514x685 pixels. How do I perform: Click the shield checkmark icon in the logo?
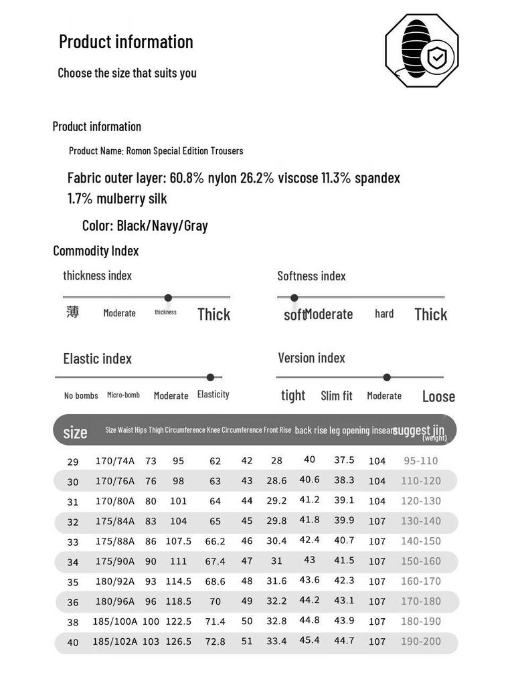point(436,58)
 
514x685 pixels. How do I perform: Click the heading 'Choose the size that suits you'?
point(127,73)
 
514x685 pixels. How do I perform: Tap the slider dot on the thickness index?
point(168,298)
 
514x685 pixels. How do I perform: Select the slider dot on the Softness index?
point(294,298)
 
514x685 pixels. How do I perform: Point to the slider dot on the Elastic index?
point(210,377)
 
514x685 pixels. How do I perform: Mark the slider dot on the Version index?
point(387,377)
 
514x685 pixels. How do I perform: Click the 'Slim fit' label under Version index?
point(337,396)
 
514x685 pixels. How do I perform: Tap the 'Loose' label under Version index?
point(438,397)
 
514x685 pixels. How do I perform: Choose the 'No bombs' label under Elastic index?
point(81,396)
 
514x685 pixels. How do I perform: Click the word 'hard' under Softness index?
point(384,314)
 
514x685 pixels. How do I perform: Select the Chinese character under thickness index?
point(73,312)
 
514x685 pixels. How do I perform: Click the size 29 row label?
point(73,462)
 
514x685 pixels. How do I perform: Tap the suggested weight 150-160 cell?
point(421,561)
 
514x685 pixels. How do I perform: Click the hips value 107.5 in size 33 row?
point(179,541)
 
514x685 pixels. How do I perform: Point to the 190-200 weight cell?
point(421,642)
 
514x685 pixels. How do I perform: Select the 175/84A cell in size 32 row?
point(115,521)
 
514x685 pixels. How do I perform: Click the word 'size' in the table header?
point(75,432)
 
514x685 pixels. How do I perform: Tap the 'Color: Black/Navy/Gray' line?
point(145,225)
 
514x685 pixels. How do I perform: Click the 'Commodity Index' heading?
point(96,251)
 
